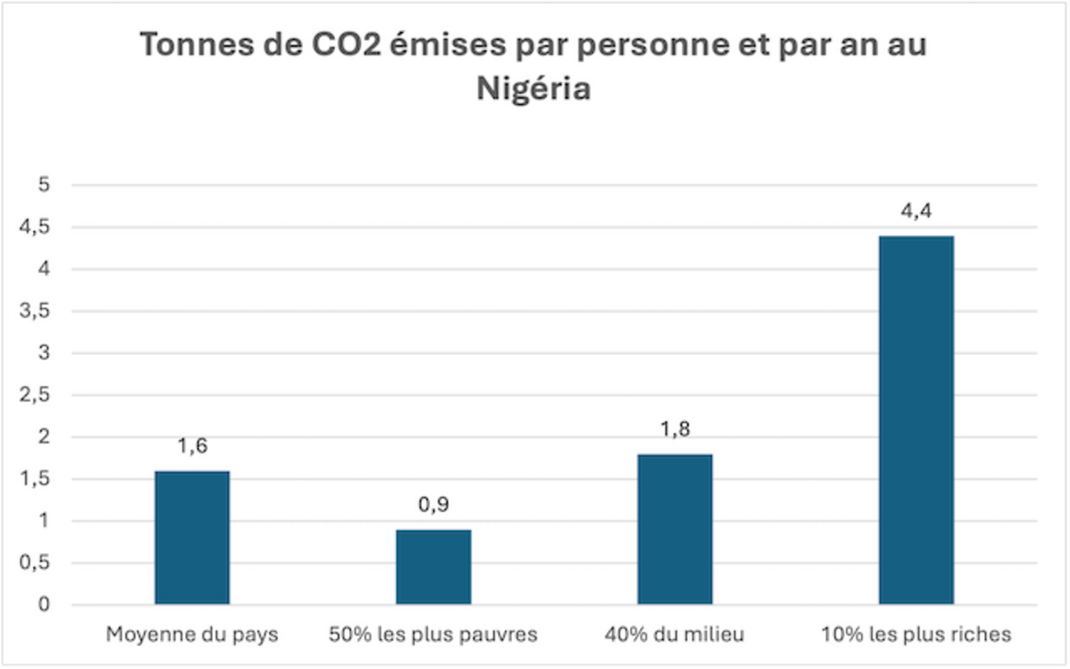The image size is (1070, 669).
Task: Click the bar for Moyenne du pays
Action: click(192, 538)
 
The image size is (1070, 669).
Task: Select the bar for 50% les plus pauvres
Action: click(433, 567)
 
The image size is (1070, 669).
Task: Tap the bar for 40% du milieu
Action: click(675, 529)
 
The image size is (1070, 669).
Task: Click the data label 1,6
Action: click(193, 446)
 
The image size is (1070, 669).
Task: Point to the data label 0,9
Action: click(433, 505)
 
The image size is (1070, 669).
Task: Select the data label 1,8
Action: click(675, 429)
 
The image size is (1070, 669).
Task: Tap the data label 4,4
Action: click(916, 211)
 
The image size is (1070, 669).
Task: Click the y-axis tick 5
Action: click(44, 185)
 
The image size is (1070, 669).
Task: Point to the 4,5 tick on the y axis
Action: click(35, 227)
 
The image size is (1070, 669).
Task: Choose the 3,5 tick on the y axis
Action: click(35, 311)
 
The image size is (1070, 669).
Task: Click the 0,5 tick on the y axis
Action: click(35, 563)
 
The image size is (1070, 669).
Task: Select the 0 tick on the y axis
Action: click(44, 605)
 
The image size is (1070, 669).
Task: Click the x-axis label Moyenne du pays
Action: click(192, 635)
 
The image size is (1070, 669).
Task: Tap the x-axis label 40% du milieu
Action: click(675, 635)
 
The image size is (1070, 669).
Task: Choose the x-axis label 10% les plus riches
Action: click(916, 635)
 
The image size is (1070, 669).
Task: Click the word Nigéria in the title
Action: click(534, 89)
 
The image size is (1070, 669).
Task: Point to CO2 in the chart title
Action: click(346, 45)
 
